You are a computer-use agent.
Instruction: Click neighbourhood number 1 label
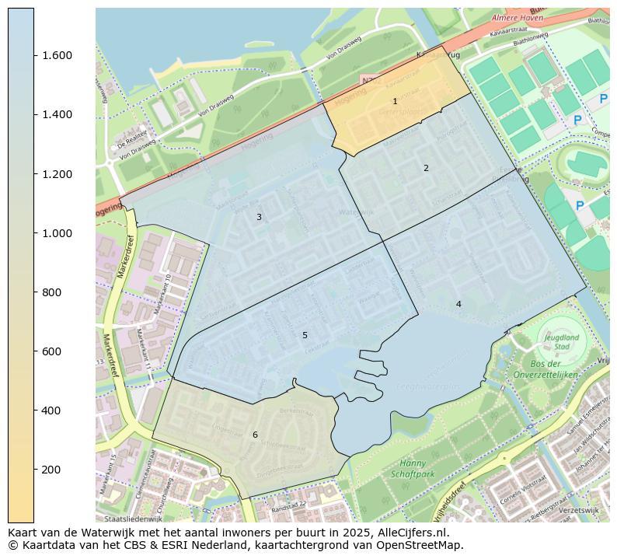(395, 101)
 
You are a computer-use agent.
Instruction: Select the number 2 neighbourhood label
(426, 168)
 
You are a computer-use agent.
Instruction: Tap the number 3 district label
(259, 217)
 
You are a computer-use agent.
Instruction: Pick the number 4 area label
(458, 304)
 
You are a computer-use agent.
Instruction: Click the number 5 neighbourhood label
(305, 335)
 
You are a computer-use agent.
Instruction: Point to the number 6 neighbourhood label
(254, 435)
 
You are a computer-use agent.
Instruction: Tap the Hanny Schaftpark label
(412, 468)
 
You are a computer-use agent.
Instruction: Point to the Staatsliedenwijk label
(133, 517)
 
